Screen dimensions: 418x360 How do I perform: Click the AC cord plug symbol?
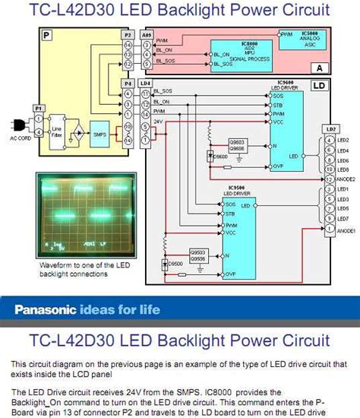pos(15,127)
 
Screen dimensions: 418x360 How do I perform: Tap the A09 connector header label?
pos(145,35)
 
